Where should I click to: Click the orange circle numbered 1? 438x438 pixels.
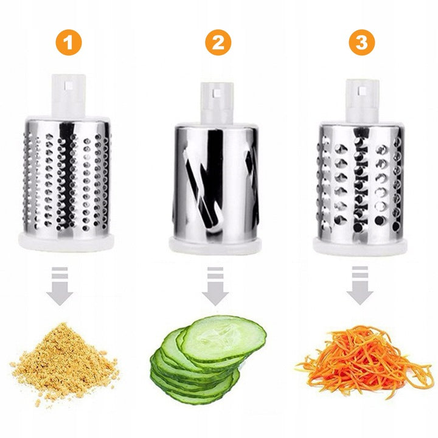click(x=69, y=43)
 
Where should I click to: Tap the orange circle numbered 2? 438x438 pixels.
click(x=218, y=43)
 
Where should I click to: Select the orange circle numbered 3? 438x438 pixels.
click(x=362, y=43)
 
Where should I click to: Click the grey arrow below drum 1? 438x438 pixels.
click(x=60, y=285)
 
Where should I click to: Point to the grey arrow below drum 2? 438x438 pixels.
click(x=215, y=286)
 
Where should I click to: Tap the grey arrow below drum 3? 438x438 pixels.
click(x=360, y=285)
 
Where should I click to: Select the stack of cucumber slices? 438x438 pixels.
click(x=208, y=360)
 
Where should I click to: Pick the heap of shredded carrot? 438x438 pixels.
click(x=363, y=360)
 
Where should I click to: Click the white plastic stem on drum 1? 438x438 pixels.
click(x=68, y=96)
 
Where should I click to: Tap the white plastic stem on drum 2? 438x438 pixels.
click(x=217, y=103)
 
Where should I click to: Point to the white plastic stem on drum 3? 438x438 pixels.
click(x=363, y=100)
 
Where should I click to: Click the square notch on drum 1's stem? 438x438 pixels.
click(x=68, y=85)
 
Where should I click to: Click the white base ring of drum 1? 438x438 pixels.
click(x=66, y=240)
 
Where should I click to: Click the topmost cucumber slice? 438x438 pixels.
click(x=224, y=339)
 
